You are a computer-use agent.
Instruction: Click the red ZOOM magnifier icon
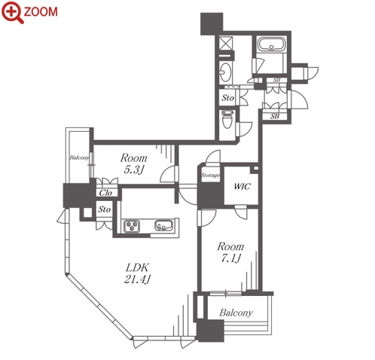(13, 12)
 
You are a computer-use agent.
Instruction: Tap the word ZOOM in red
(41, 12)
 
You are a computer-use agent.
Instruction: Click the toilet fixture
(228, 119)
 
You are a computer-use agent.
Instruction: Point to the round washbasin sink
(225, 72)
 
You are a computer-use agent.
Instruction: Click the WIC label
(242, 187)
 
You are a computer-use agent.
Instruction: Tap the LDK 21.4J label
(138, 273)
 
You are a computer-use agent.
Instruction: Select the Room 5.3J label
(133, 163)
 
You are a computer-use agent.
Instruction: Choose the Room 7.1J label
(230, 252)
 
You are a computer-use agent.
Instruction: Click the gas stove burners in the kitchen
(132, 225)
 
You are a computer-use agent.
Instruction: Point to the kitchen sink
(163, 225)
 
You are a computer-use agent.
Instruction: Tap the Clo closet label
(105, 193)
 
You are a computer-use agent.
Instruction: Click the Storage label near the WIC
(210, 175)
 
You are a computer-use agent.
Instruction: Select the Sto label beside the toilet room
(228, 98)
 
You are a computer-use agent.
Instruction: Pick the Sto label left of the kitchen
(105, 209)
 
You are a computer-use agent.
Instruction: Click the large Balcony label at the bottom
(236, 313)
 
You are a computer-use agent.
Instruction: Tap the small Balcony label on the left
(79, 157)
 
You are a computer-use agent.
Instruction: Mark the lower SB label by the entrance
(275, 117)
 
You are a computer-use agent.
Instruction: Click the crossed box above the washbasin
(226, 43)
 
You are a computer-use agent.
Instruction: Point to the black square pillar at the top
(212, 23)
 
